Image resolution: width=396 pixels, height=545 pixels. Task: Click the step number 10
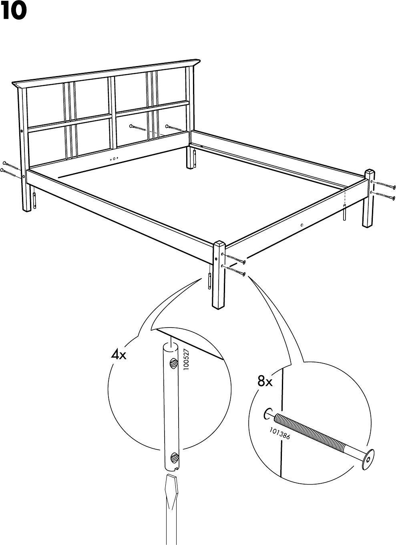(14, 12)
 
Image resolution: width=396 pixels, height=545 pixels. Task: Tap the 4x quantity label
(119, 355)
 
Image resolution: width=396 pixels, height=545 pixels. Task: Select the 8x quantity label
(265, 382)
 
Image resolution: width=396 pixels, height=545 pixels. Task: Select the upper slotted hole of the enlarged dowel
(173, 363)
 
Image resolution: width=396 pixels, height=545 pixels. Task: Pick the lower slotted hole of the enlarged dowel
(173, 456)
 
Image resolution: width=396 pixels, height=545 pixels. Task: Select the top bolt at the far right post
(383, 185)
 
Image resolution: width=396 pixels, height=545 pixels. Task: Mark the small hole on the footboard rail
(302, 225)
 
